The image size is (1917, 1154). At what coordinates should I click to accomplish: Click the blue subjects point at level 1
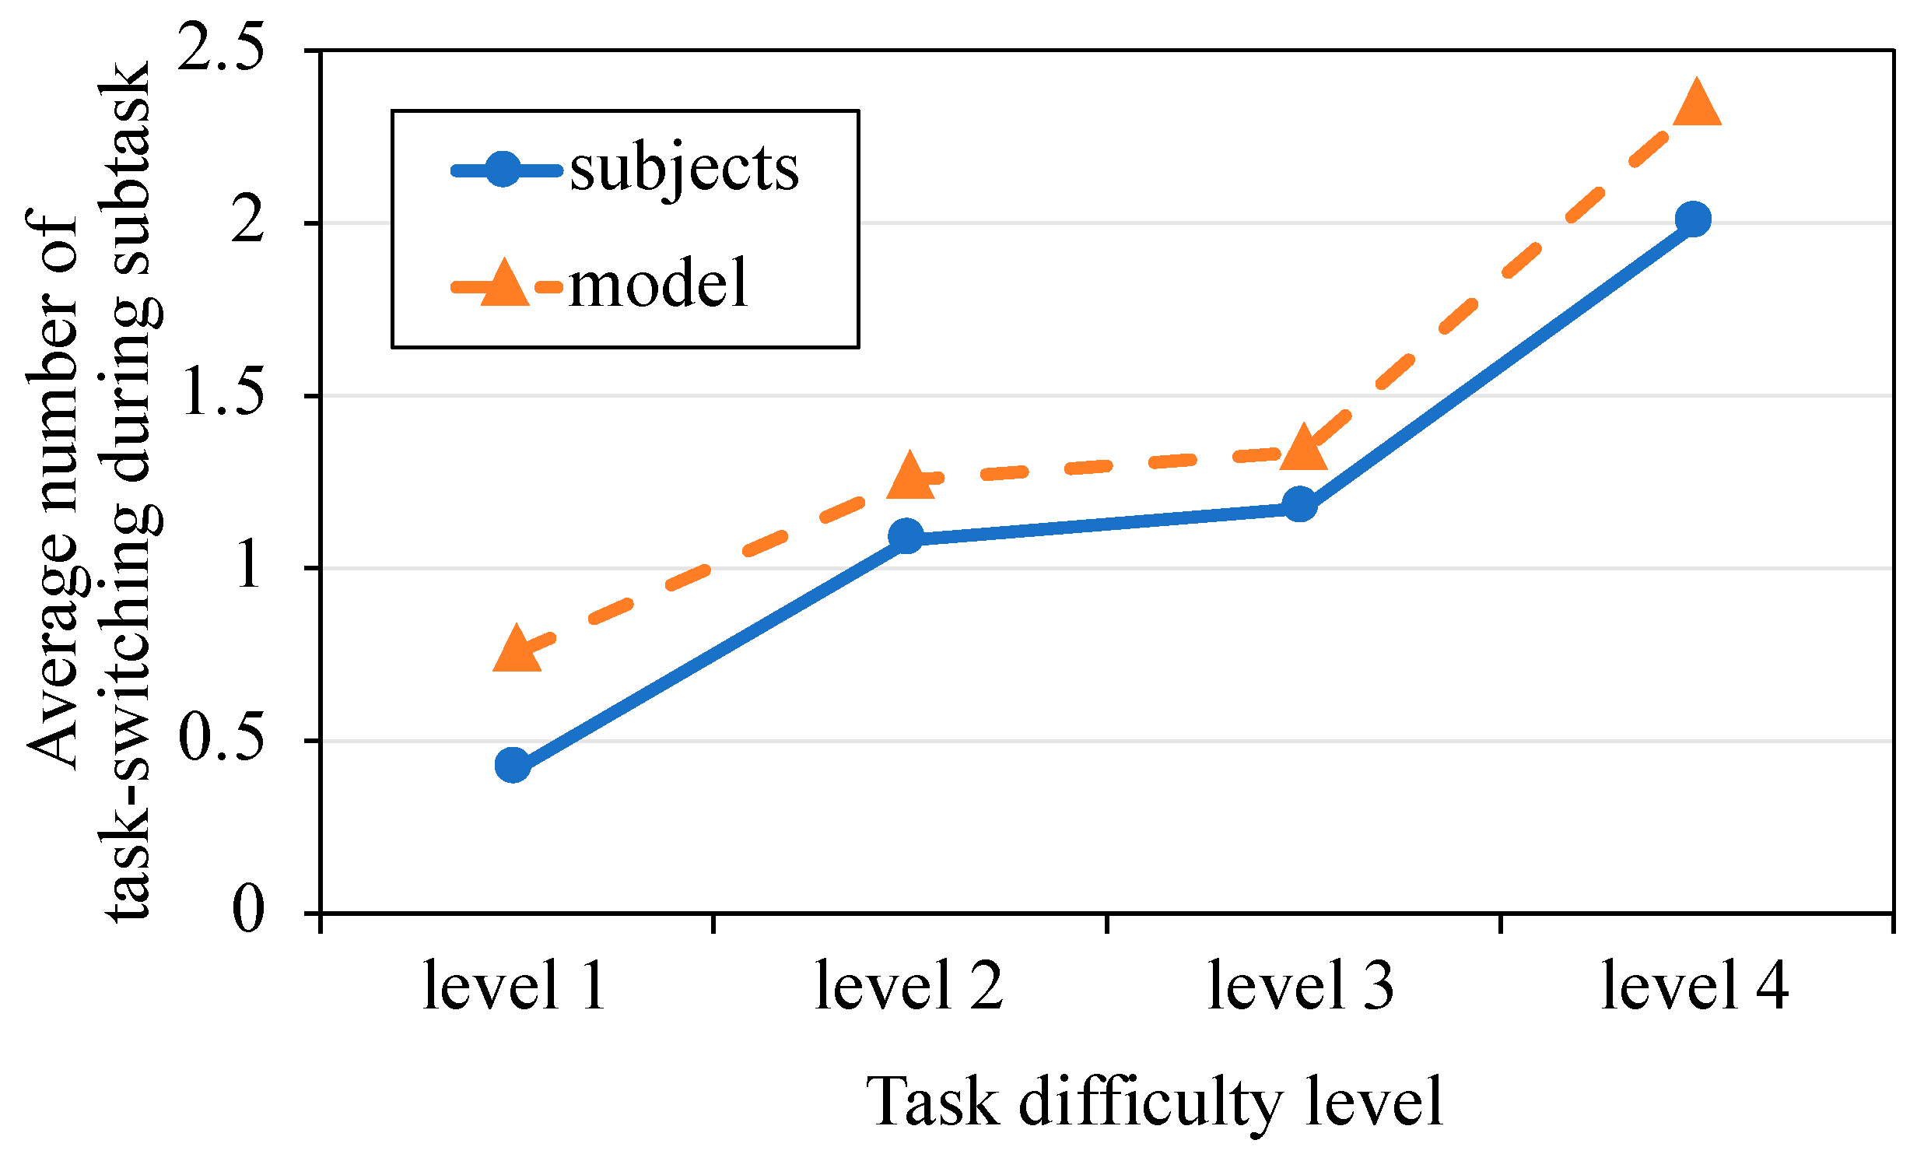513,766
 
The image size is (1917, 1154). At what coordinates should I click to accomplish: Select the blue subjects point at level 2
906,536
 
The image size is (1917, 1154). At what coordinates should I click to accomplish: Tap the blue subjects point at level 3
1299,504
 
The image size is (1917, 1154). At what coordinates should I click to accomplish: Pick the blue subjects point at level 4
1692,219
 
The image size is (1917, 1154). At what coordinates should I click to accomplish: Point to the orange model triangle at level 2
909,477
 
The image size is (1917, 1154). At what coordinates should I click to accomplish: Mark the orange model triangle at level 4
1696,105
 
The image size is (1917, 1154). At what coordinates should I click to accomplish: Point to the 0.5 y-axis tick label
221,738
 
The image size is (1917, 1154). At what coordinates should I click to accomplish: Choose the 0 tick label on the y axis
248,910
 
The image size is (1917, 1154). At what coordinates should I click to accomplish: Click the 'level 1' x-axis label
514,987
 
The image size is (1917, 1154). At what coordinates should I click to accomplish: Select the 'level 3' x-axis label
1301,987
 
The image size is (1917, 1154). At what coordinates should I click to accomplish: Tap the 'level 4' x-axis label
1695,987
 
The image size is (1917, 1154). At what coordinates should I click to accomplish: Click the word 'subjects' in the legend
684,170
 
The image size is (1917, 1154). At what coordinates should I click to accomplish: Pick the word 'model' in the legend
658,285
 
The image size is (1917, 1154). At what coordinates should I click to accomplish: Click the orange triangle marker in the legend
505,284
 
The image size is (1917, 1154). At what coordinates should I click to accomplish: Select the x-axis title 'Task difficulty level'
1155,1103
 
